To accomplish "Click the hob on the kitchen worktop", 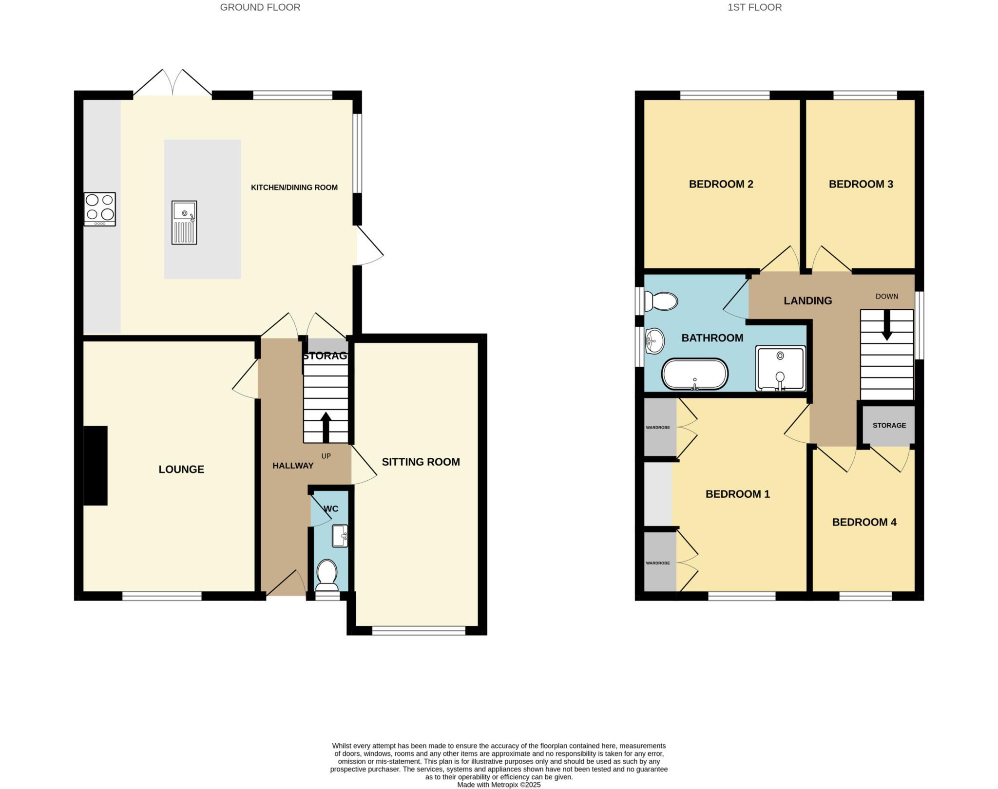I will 100,209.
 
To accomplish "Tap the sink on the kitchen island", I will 184,222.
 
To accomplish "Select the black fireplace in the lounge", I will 96,466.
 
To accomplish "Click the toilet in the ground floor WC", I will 326,574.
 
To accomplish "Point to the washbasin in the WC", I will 340,536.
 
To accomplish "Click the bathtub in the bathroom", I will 694,375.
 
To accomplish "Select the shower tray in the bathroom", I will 780,369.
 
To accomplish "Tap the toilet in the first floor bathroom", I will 661,301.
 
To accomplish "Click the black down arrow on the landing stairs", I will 887,325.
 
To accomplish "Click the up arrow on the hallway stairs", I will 326,427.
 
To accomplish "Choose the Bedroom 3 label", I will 861,184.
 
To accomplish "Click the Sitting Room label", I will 421,462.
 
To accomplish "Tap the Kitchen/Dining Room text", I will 294,188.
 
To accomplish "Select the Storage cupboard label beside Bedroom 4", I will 889,425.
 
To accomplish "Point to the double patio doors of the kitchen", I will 173,84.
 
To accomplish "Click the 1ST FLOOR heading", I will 754,7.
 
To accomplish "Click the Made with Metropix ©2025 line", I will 499,785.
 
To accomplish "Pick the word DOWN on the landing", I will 886,296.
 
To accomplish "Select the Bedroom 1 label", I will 737,494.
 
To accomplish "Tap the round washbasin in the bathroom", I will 654,341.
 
